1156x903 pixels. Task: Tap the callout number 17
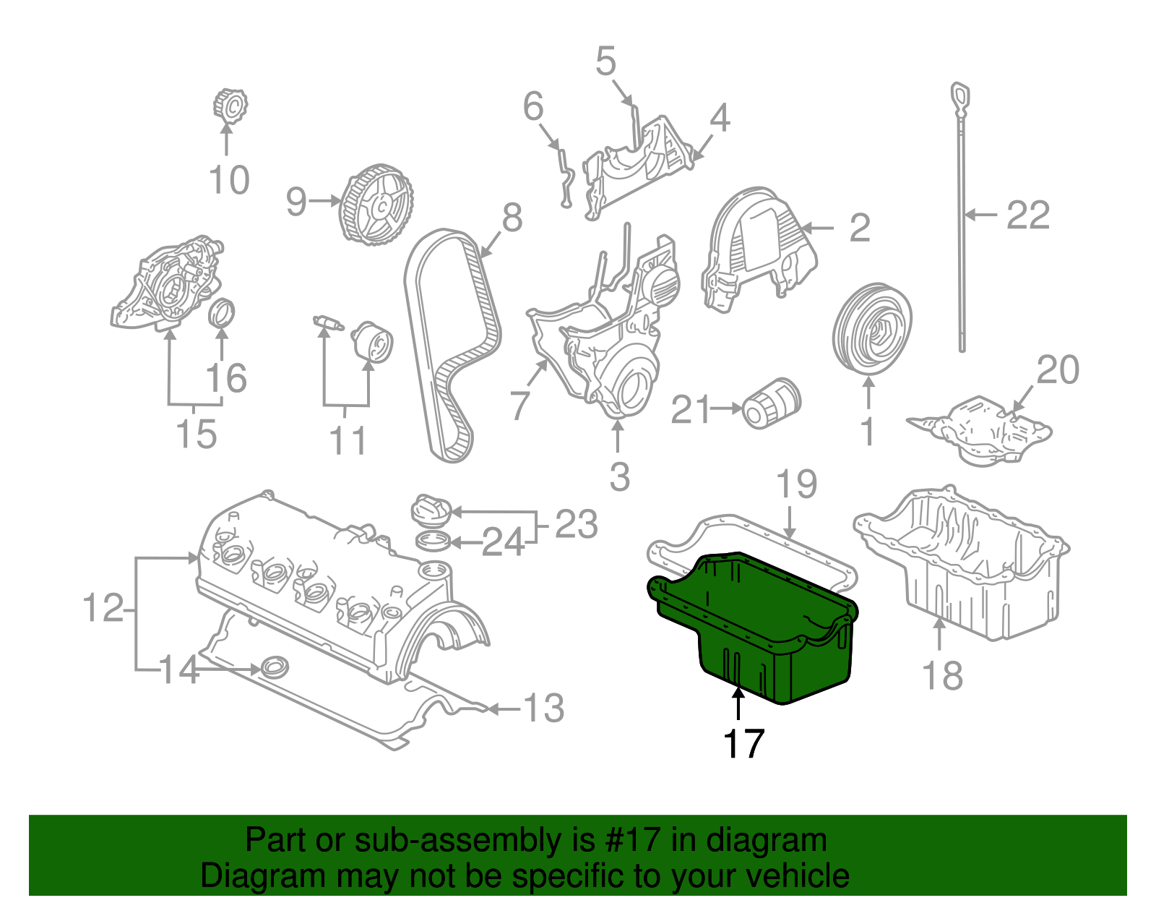743,743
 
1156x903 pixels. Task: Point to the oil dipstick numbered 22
962,217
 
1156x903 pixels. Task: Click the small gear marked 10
230,106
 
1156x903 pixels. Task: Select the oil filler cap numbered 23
431,509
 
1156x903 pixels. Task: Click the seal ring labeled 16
222,312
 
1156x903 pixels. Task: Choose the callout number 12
103,608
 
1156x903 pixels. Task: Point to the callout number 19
797,484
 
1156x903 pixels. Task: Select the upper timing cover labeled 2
759,249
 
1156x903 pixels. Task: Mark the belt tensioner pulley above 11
373,342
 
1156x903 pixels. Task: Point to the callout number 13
543,709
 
